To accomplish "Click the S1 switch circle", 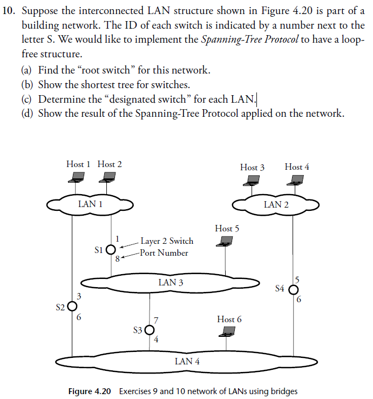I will [111, 250].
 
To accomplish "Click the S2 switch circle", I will [72, 307].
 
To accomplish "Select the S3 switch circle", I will [150, 330].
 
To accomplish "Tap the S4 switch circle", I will [293, 289].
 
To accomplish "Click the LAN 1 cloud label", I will [90, 204].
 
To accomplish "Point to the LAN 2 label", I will [276, 204].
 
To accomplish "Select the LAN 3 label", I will [171, 282].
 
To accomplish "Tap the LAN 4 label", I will [187, 361].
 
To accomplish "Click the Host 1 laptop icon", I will [79, 176].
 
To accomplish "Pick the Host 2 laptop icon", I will [110, 176].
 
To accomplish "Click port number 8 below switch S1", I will [118, 258].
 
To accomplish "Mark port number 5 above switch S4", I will [296, 280].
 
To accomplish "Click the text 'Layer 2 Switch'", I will [166, 241].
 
